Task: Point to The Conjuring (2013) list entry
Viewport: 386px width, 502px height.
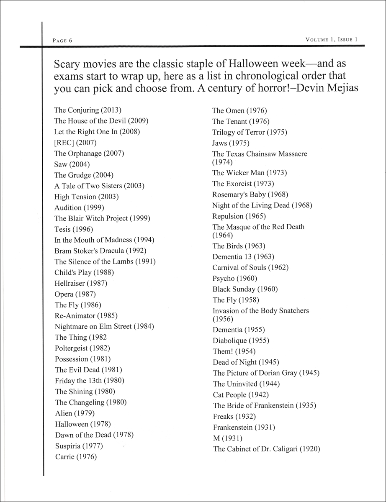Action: [x=87, y=110]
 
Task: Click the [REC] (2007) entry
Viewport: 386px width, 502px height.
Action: [x=75, y=143]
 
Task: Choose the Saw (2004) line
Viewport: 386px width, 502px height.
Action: [x=72, y=164]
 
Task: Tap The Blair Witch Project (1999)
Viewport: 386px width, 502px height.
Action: [x=102, y=218]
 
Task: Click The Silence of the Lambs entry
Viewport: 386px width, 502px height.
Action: [x=105, y=262]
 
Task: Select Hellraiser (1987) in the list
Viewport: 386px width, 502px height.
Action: [x=81, y=283]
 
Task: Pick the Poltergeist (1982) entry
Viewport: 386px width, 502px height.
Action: [x=82, y=348]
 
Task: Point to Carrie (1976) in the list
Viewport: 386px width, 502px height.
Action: [x=76, y=457]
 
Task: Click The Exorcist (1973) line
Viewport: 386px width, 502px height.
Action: [x=243, y=184]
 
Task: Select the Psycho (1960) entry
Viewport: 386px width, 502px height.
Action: [x=235, y=278]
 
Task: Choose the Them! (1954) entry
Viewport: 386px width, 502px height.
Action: [x=234, y=351]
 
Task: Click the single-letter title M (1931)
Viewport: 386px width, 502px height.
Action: [x=227, y=438]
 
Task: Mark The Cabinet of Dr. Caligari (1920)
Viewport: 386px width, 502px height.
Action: [x=266, y=449]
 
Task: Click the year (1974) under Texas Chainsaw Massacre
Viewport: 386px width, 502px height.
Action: [x=222, y=162]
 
